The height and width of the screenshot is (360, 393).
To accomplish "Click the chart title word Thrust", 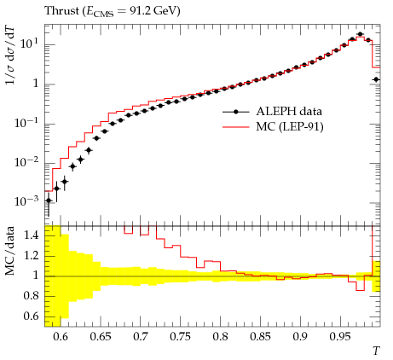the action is click(61, 11).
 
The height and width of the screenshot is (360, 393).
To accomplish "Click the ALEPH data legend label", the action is click(289, 111).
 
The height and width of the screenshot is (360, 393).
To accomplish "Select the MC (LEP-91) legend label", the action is click(290, 127).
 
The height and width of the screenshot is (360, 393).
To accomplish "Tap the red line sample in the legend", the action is click(235, 127).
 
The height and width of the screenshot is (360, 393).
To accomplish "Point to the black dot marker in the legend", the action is click(235, 112).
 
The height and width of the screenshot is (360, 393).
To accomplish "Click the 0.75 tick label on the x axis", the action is click(180, 337).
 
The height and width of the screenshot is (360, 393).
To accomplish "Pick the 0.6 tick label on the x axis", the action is click(61, 337).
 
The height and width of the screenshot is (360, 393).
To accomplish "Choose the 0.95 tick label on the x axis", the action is click(340, 337).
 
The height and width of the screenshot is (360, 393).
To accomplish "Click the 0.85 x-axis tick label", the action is click(260, 337).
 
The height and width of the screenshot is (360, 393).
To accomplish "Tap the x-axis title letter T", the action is click(376, 351).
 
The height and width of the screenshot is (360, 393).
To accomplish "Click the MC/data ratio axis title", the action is click(9, 251).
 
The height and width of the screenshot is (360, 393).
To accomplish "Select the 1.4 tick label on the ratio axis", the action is click(32, 235).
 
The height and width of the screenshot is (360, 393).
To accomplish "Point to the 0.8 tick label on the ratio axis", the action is click(32, 296).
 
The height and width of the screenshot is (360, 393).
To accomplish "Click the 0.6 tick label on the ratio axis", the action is click(32, 316).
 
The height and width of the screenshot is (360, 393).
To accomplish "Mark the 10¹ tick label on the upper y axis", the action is click(29, 44).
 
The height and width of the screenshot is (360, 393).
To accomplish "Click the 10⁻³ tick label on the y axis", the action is click(26, 201).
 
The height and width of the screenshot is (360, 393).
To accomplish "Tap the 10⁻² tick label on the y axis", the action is click(26, 162).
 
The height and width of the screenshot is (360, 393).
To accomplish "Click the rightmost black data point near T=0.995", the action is click(376, 79).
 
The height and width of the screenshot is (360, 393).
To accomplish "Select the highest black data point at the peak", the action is click(361, 34).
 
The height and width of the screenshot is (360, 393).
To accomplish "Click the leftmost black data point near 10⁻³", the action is click(49, 200).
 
